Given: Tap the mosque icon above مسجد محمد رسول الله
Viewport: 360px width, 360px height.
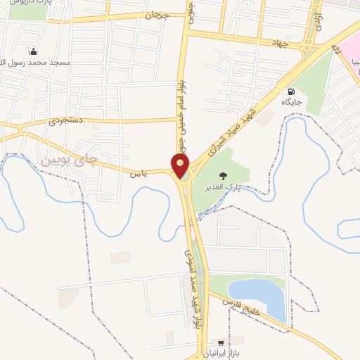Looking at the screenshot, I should pos(33,51).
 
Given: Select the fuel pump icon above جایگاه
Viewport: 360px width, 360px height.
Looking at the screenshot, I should pos(290,91).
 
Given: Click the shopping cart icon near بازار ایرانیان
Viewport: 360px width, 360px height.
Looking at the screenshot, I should pos(221,344).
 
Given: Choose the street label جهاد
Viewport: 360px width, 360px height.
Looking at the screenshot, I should pos(281,43).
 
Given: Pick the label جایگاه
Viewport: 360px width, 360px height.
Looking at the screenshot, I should pos(292,103).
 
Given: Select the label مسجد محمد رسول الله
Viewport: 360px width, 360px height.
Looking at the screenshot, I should pos(40,63).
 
